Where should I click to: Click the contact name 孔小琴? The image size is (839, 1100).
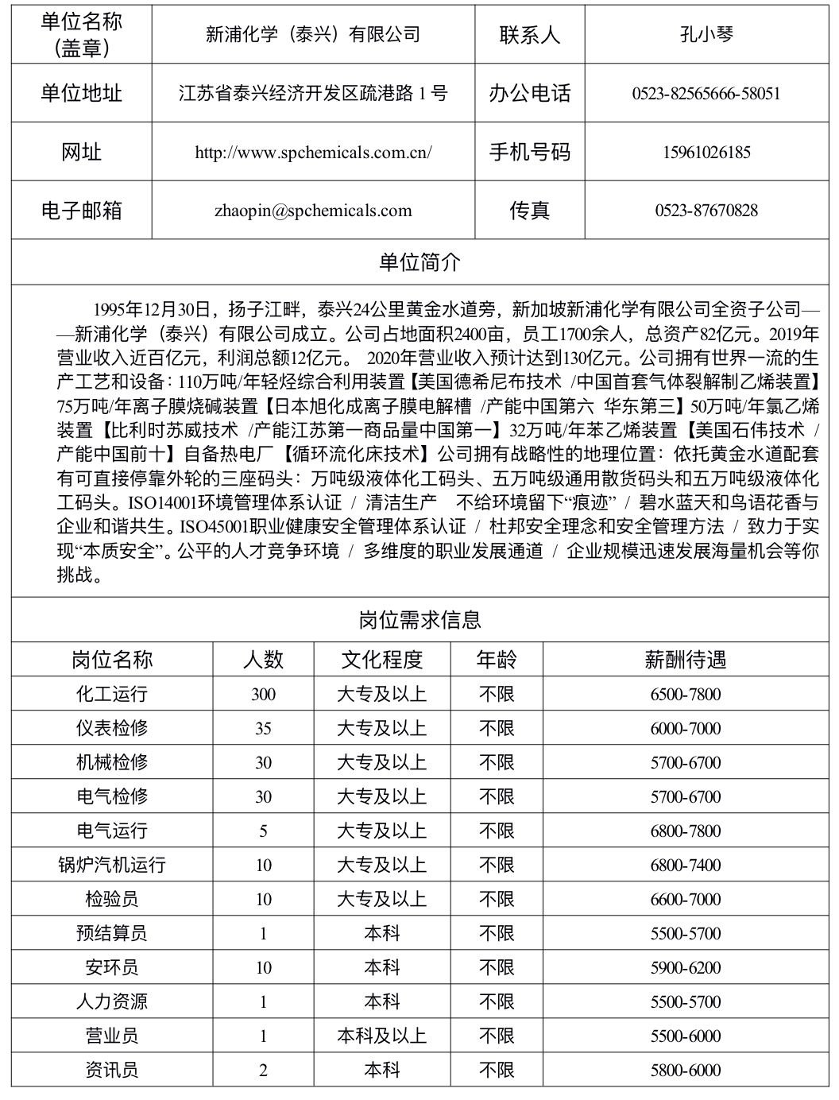coord(706,34)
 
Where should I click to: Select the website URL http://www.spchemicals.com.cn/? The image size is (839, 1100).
coord(313,153)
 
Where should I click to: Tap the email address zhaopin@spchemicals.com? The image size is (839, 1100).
coord(313,211)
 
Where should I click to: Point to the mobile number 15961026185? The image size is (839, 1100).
coord(706,153)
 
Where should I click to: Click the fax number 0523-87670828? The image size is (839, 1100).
coord(706,211)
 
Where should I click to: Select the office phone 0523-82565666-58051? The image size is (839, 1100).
coord(706,94)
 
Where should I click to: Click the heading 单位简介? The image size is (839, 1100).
coord(419,263)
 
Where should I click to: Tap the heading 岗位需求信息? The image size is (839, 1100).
coord(419,620)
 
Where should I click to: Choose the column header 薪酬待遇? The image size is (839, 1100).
coord(686,660)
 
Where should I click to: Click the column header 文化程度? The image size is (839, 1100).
coord(382,660)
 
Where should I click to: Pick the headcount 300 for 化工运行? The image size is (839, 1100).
coord(263,695)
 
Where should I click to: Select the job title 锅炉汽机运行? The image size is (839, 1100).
coord(112,865)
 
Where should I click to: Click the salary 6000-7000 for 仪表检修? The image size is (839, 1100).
coord(686,729)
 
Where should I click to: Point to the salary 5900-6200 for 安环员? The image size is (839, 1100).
coord(686,968)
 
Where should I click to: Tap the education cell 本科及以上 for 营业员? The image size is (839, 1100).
coord(382,1036)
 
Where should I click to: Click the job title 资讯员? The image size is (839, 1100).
coord(112,1071)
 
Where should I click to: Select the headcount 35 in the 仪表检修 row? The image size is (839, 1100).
coord(263,729)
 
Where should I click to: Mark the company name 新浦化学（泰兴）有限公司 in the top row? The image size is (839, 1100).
coord(313,34)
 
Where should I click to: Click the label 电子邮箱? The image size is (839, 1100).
coord(82,211)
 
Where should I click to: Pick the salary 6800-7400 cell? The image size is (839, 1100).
coord(686,866)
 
